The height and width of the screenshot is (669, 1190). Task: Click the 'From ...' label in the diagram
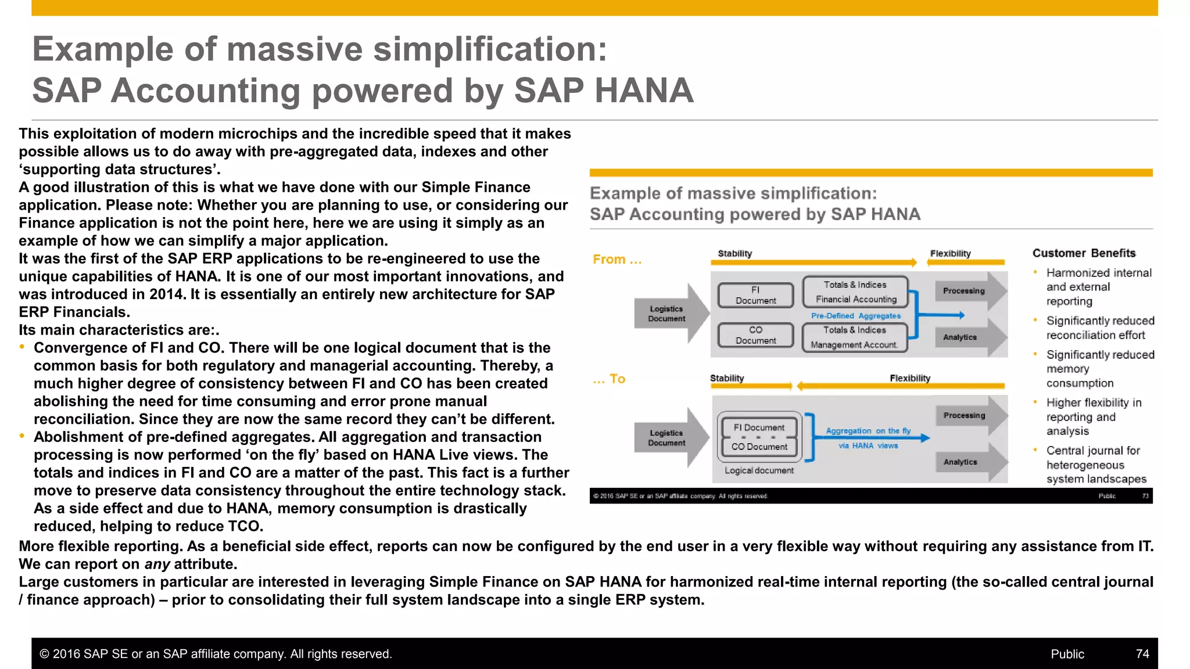click(617, 260)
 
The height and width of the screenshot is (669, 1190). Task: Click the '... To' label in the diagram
click(609, 379)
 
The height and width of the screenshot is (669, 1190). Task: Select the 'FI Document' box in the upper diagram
click(755, 295)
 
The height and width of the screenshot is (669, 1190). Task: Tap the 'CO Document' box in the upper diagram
click(755, 335)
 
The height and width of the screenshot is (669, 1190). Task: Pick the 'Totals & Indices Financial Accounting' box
click(855, 292)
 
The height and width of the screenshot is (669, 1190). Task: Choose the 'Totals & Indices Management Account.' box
click(854, 337)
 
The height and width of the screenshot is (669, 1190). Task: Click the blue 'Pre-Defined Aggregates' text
click(855, 316)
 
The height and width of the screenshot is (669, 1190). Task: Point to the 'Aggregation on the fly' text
click(868, 431)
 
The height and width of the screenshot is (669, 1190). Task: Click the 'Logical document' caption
click(759, 470)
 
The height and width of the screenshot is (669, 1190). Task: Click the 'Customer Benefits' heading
click(1084, 253)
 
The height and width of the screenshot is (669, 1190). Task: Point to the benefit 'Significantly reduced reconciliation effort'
click(1099, 328)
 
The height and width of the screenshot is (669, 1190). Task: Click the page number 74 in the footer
click(1142, 654)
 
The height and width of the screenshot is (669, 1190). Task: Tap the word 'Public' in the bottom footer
click(1067, 654)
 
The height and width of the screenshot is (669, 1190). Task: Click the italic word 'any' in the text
click(157, 564)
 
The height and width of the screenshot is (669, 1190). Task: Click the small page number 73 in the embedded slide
click(1145, 496)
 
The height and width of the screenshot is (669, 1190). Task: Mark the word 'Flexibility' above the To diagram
click(910, 378)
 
